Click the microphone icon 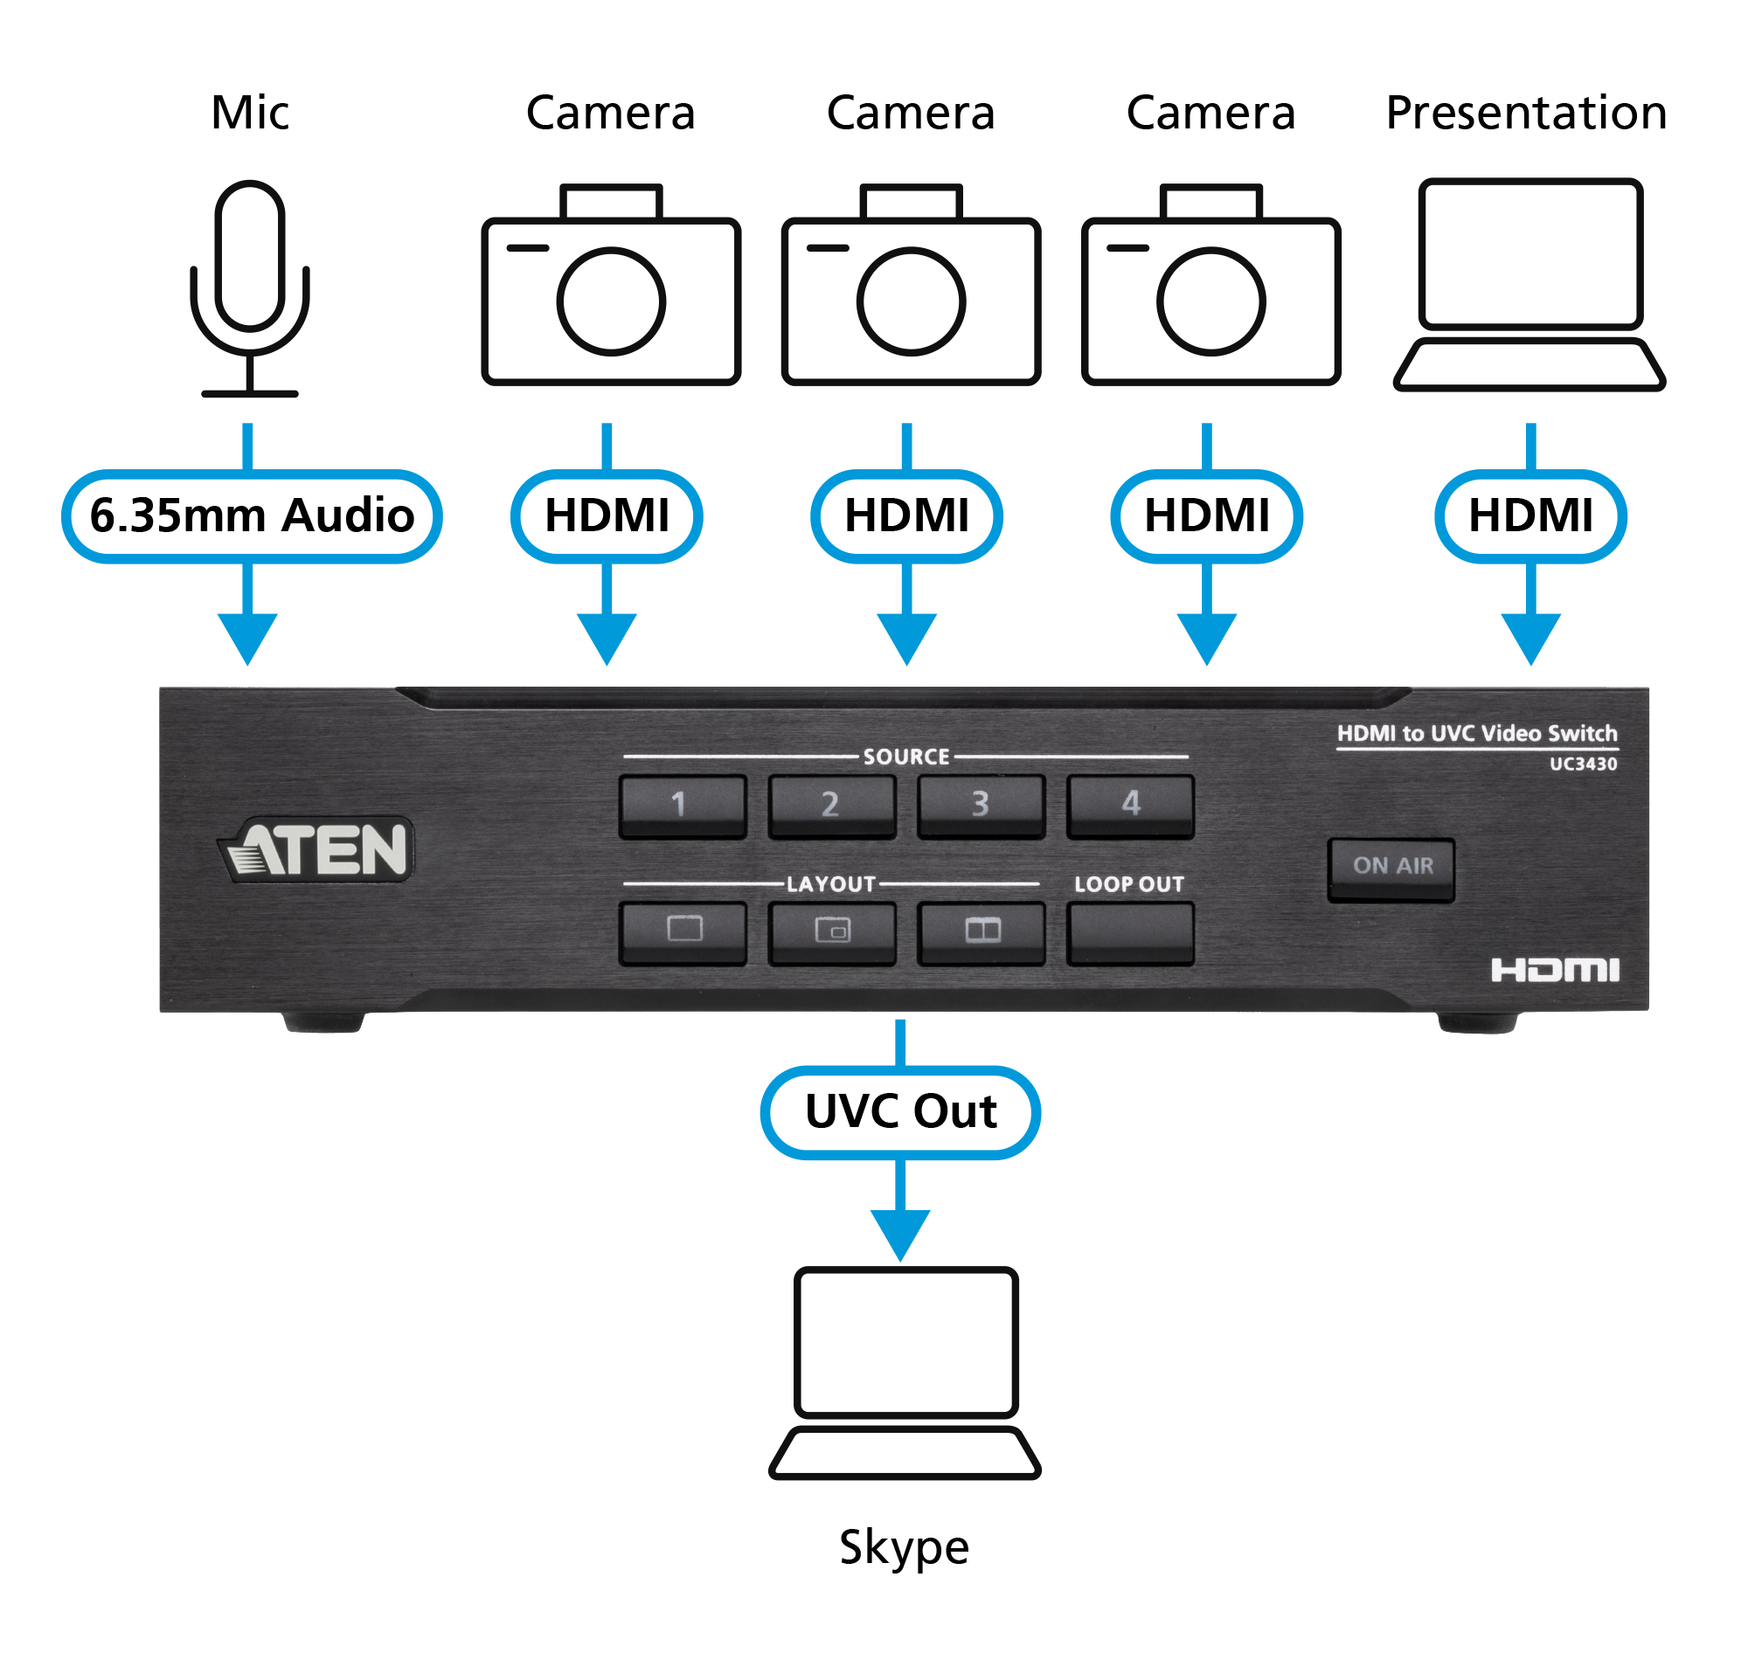pos(250,287)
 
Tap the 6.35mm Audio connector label pos(252,515)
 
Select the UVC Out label pos(899,1111)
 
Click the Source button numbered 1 pos(682,805)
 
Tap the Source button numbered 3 pos(980,805)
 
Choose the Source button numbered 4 pos(1129,805)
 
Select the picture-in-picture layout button pos(831,931)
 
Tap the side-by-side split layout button pos(981,931)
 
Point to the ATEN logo pos(316,849)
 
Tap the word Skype pos(904,1547)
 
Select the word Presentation pos(1525,114)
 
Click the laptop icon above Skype pos(904,1372)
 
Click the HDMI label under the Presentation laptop pos(1529,515)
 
